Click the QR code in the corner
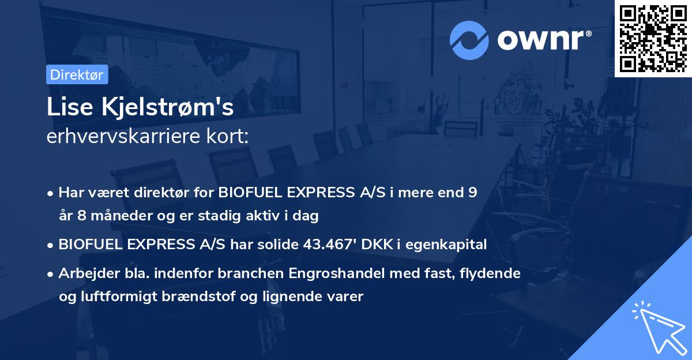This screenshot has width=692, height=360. click(x=653, y=39)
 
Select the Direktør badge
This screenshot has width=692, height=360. click(x=77, y=74)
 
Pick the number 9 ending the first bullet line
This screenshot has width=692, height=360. click(x=473, y=193)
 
